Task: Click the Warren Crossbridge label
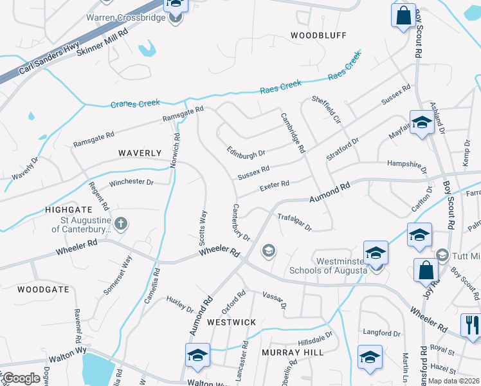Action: click(x=126, y=17)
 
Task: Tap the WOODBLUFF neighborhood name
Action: click(x=318, y=35)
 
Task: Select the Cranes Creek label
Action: click(x=135, y=104)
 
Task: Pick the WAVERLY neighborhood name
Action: click(x=140, y=153)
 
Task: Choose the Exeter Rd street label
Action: click(x=274, y=185)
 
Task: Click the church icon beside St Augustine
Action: click(x=121, y=223)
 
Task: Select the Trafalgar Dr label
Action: click(x=294, y=222)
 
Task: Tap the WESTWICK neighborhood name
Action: click(x=231, y=322)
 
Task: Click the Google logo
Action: click(x=21, y=378)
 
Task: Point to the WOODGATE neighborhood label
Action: click(x=43, y=289)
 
